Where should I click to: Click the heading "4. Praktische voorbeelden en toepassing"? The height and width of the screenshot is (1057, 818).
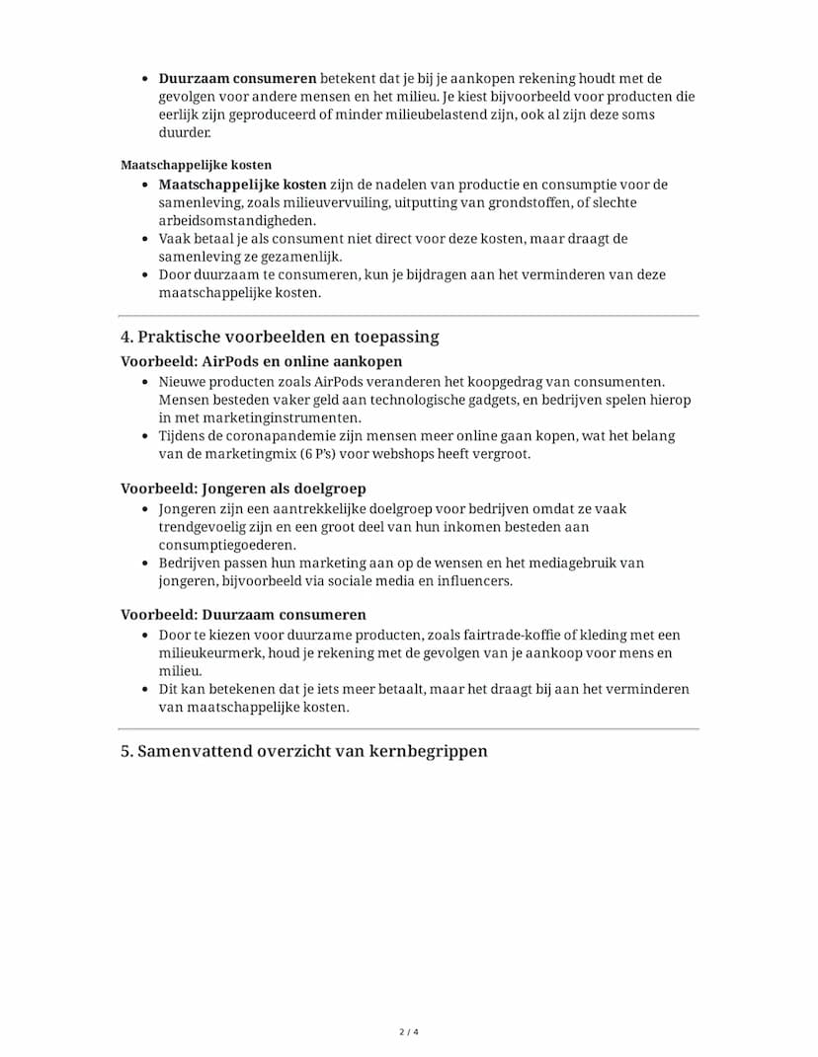[280, 337]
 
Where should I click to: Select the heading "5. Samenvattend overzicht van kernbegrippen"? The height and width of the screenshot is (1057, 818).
[304, 751]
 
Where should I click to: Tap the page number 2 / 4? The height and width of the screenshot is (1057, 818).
[409, 1032]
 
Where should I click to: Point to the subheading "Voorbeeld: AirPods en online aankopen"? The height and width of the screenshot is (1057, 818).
[261, 362]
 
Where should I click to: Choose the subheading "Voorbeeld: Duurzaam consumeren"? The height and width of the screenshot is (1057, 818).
[243, 615]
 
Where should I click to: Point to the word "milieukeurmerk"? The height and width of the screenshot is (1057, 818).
[207, 653]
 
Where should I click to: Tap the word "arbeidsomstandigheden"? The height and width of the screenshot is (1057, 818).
[238, 220]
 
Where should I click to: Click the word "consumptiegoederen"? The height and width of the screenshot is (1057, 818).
[227, 545]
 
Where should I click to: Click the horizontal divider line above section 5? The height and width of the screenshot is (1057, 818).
[409, 729]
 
